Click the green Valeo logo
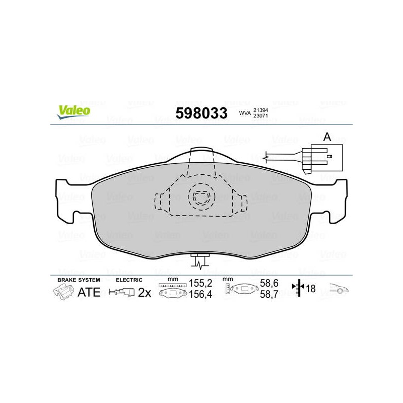(74, 112)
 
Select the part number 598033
(201, 113)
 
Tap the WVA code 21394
(260, 110)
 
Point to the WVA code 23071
(260, 116)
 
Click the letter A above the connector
(327, 137)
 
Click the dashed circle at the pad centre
(201, 196)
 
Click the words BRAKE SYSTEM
(79, 280)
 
